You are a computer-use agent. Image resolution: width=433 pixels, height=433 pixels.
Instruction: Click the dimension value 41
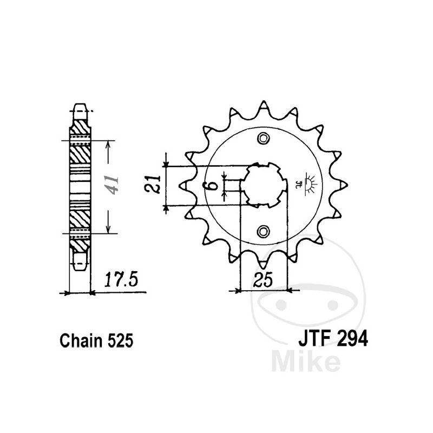113,185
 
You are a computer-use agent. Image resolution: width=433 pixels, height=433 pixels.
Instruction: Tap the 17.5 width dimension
121,279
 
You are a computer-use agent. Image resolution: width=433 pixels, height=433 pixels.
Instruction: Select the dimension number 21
153,184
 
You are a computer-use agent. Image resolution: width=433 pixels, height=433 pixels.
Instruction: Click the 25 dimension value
263,280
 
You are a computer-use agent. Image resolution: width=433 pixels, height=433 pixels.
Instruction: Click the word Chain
81,341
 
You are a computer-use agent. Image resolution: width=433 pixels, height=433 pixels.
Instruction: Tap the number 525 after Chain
120,341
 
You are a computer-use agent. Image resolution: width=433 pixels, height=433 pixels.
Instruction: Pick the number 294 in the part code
353,339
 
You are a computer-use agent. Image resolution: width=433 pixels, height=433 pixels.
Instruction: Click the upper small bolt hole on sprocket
263,138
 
